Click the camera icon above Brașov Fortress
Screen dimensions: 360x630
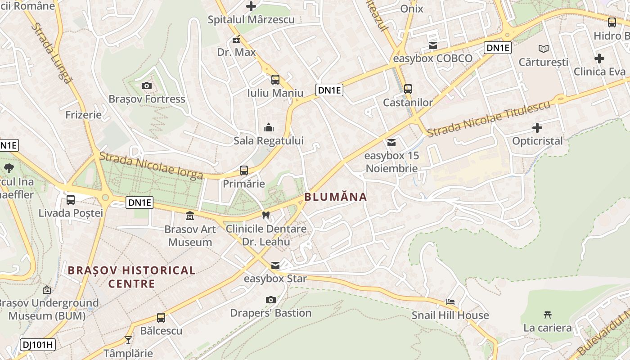146,85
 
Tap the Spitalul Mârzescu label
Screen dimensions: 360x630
251,20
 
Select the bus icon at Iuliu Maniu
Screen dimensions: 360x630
275,80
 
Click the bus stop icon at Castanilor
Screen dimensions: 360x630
408,89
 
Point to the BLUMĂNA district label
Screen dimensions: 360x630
336,197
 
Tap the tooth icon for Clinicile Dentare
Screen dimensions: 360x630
265,215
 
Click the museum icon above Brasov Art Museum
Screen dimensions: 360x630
190,216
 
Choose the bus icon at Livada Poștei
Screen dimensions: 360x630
71,199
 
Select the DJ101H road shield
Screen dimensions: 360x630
37,345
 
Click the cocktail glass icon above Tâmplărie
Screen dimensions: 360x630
128,340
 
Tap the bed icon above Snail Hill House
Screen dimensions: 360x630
450,301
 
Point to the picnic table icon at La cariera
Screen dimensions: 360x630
547,315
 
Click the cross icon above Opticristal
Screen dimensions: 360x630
537,127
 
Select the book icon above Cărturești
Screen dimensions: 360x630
543,49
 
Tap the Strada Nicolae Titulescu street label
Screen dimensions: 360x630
489,119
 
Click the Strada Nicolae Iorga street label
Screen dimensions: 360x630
151,166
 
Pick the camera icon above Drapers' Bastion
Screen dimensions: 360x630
270,300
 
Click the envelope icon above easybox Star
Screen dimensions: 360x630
275,265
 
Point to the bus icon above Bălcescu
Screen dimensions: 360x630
161,317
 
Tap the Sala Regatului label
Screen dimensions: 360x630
269,141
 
